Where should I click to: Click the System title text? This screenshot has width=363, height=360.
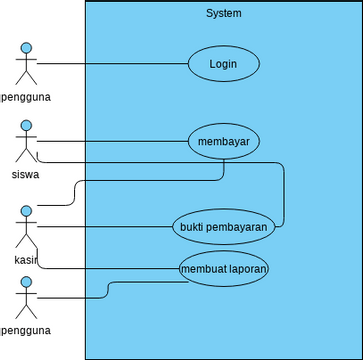click(x=223, y=13)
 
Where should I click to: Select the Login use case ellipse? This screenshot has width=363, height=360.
click(x=223, y=64)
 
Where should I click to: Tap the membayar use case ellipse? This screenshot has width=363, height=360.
click(x=223, y=141)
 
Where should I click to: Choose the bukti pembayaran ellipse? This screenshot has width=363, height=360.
click(x=223, y=227)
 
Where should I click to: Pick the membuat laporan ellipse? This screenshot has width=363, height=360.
click(x=223, y=269)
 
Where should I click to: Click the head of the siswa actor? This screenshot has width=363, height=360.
click(x=26, y=127)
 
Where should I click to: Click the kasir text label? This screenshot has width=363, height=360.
click(x=26, y=259)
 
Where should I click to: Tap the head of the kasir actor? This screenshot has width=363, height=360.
click(x=26, y=212)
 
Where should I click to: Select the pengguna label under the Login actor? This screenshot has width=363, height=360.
click(x=26, y=97)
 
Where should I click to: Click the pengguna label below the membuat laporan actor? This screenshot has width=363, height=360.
click(x=26, y=330)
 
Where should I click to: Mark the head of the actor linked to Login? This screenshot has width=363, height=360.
click(x=26, y=48)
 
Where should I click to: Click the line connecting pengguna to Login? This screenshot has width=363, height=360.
click(x=110, y=64)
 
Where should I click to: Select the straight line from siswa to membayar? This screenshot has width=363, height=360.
click(x=110, y=141)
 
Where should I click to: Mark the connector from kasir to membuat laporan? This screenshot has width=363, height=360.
click(x=110, y=269)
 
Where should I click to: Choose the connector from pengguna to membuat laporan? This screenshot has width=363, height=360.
click(x=107, y=289)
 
